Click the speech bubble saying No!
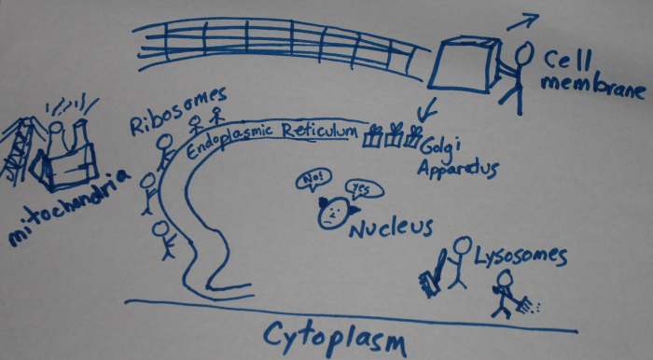click(311, 178)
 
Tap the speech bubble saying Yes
click(360, 188)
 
